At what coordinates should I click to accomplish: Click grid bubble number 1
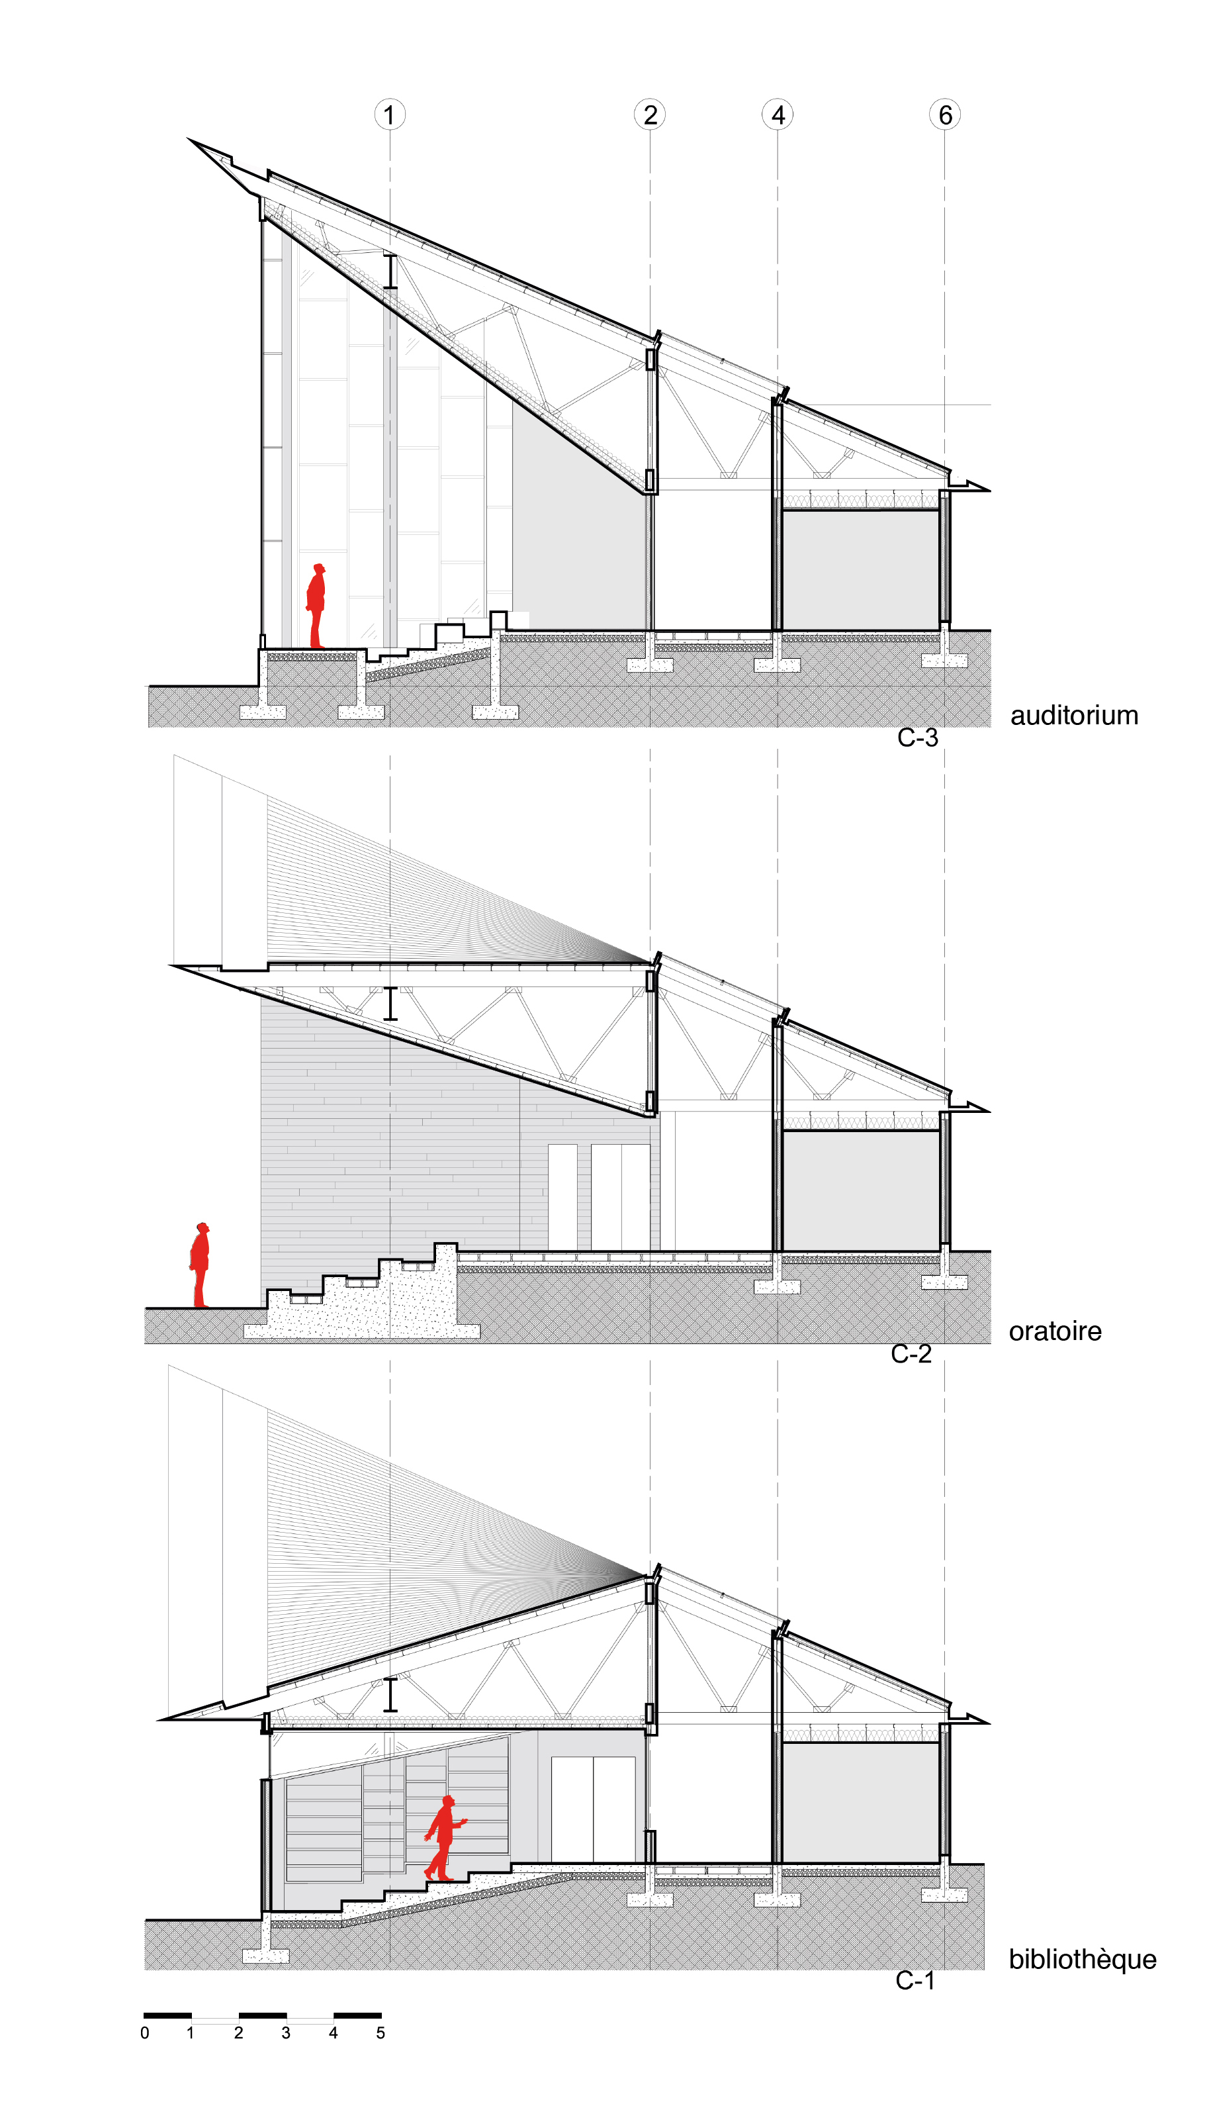point(390,115)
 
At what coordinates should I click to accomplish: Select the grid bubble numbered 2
point(650,115)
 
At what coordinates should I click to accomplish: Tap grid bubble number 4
point(778,115)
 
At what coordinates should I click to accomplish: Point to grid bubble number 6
point(945,115)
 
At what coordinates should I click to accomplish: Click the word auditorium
point(1075,715)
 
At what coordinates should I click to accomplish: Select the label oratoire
point(1055,1331)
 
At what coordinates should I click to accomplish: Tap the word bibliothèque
point(1083,1959)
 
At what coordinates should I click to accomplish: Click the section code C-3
point(918,738)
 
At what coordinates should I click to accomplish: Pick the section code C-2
point(911,1353)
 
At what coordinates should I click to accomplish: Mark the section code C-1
point(915,1981)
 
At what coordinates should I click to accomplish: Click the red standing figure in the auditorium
point(316,606)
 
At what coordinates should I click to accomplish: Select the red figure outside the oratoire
point(200,1264)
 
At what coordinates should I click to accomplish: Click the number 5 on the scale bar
point(380,2033)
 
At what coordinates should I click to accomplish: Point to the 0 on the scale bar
point(145,2033)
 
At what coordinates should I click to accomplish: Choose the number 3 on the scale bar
point(286,2033)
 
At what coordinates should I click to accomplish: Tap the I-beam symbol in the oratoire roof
point(390,1003)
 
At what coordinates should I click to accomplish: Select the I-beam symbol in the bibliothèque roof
point(390,1694)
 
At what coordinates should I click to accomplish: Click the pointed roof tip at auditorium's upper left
point(190,139)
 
